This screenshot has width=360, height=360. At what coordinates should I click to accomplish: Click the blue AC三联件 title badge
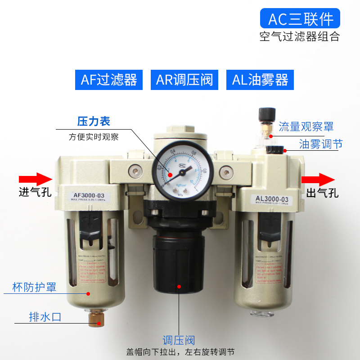click(301, 19)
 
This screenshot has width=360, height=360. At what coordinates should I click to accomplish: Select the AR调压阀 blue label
click(184, 80)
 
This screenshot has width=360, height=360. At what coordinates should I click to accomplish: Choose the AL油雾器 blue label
click(260, 80)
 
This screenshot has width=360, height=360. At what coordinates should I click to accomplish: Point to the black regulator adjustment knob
click(179, 261)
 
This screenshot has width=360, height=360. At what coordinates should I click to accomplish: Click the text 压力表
click(94, 121)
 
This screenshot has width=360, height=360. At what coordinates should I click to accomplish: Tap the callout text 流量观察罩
click(306, 126)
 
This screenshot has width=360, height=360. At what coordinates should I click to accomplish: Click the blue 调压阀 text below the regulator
click(179, 341)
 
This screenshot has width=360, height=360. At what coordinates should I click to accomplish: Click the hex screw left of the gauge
click(134, 171)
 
